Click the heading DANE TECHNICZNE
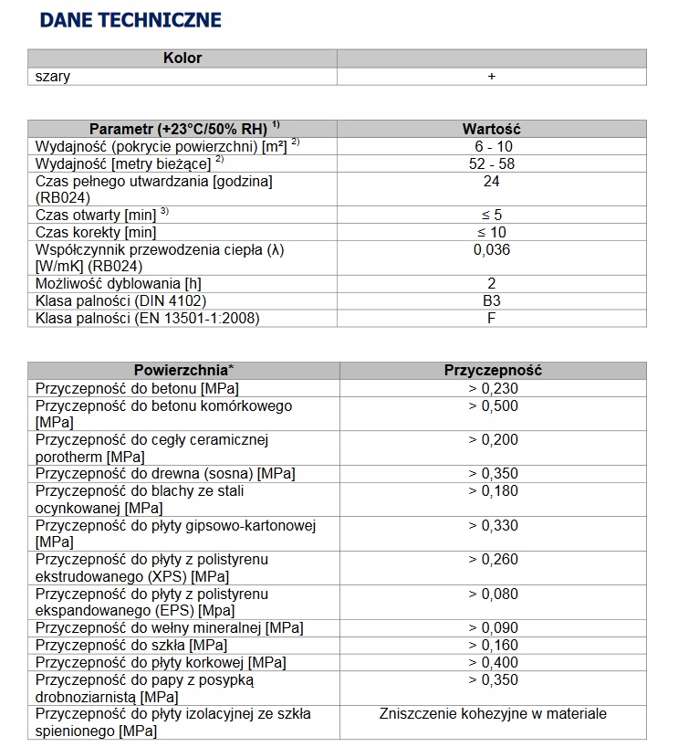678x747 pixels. (x=130, y=20)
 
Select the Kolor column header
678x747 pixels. (x=183, y=58)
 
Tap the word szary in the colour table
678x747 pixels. (x=53, y=77)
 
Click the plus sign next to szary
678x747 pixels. (x=492, y=77)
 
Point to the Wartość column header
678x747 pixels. (x=492, y=129)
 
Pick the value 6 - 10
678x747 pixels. (x=492, y=146)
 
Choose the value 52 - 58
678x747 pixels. (x=492, y=163)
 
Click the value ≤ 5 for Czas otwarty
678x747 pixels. (x=492, y=215)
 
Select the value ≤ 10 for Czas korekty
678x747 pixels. (x=492, y=232)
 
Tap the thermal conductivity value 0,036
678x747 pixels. (x=492, y=249)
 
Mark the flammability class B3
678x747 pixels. (x=492, y=300)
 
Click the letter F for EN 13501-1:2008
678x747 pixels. (x=492, y=318)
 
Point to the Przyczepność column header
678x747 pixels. (x=492, y=370)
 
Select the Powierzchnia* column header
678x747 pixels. (x=183, y=370)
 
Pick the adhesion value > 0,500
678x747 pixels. (x=493, y=405)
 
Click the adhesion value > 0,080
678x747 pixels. (x=493, y=594)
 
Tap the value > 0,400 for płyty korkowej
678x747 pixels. (x=493, y=662)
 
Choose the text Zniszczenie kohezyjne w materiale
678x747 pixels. (x=493, y=714)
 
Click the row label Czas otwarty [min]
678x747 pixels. (x=102, y=215)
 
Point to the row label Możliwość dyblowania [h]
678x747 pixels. (x=119, y=283)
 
